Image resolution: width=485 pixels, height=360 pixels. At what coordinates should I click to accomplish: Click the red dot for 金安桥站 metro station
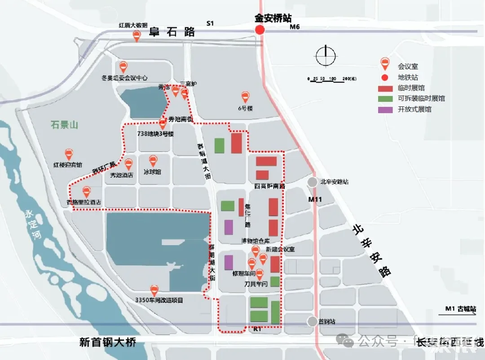pos(260,30)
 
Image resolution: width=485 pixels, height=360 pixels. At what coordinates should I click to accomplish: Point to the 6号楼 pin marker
pos(245,97)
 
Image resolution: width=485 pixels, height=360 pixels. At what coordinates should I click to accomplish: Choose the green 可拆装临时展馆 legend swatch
pos(386,98)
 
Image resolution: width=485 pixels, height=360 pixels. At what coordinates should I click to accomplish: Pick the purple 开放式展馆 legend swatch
pos(386,109)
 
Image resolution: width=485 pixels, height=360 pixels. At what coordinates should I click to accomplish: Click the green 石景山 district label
pos(64,125)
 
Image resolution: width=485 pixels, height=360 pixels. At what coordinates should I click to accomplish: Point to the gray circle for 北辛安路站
pos(312,182)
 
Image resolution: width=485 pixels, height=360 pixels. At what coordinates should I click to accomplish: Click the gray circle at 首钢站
pos(312,321)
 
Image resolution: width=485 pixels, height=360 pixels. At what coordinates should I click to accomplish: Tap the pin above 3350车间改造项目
pos(154,290)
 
